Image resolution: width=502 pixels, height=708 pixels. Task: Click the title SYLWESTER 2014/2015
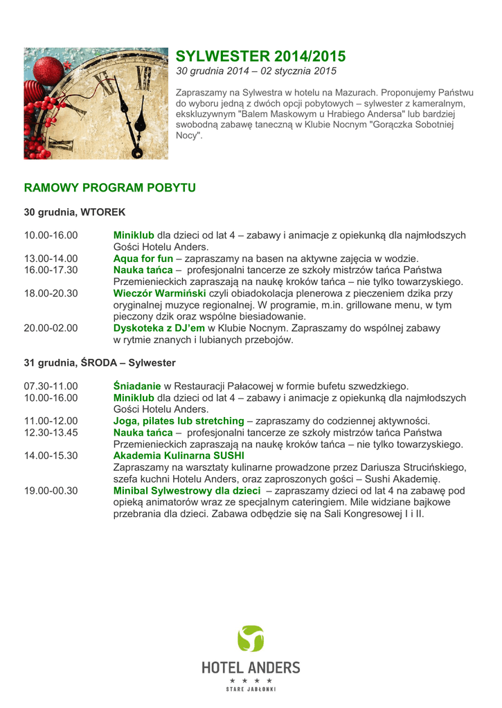[260, 56]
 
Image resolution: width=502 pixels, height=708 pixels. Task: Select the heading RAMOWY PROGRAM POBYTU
[110, 187]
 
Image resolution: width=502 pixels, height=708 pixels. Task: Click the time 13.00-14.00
[51, 259]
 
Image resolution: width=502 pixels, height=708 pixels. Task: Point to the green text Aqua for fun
[143, 259]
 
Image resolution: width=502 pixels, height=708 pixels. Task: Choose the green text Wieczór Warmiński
[159, 293]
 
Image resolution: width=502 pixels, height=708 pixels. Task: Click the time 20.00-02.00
[51, 328]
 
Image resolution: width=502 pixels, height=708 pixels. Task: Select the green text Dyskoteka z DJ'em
[159, 328]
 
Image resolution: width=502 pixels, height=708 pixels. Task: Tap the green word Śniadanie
[137, 385]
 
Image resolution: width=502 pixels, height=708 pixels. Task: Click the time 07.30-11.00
[51, 385]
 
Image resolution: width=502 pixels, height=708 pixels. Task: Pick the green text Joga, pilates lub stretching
[179, 420]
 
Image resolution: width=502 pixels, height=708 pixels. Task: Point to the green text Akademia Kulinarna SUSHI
[179, 456]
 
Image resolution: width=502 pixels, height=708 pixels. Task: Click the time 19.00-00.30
[51, 491]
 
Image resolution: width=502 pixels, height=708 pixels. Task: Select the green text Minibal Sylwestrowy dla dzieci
[187, 491]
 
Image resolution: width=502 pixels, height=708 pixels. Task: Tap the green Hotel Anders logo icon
[250, 638]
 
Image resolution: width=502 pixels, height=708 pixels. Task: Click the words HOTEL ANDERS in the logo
[251, 667]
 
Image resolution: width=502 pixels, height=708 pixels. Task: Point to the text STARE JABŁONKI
[251, 689]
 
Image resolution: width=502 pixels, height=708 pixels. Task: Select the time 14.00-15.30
[51, 456]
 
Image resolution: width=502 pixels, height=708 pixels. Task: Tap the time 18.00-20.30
[51, 293]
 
